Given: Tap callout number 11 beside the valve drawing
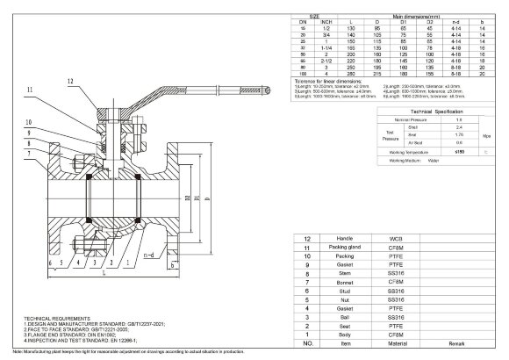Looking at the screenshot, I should (30, 90).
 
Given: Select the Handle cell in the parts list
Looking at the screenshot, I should (335, 239).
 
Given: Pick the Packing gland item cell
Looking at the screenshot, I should (335, 248).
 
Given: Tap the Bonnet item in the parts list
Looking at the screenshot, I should (335, 281).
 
